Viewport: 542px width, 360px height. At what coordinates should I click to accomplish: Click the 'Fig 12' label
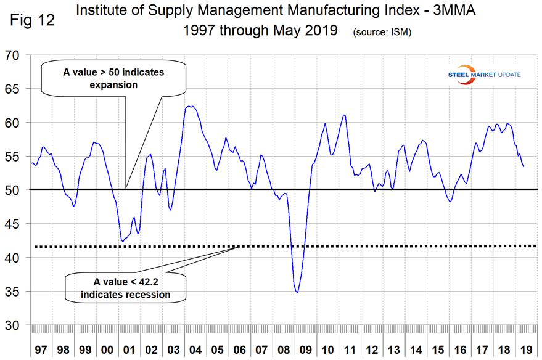tap(31, 20)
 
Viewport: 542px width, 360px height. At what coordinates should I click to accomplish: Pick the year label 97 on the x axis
tap(41, 349)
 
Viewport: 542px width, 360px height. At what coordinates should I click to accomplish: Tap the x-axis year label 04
tap(196, 349)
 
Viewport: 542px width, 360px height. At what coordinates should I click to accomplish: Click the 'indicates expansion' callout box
tap(113, 78)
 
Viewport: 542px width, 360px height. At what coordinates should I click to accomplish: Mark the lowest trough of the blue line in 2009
tap(298, 292)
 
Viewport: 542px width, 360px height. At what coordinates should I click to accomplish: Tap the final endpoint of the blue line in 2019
tap(524, 166)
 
